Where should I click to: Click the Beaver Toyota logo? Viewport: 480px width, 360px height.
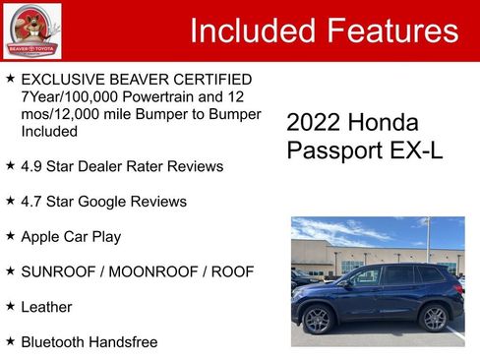click(31, 30)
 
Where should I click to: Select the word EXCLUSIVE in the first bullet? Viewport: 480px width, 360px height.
click(61, 79)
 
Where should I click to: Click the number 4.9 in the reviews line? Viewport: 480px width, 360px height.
click(32, 166)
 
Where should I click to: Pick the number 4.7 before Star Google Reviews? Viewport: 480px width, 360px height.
click(32, 202)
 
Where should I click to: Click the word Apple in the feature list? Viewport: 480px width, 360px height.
click(41, 237)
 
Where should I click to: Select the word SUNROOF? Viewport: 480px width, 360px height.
click(59, 271)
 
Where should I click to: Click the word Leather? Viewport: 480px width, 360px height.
click(46, 307)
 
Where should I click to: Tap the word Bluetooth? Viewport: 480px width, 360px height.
click(53, 342)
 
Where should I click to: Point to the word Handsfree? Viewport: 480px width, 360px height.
click(122, 342)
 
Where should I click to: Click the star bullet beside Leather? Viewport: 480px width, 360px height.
click(10, 306)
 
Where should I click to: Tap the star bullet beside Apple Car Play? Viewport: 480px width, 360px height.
click(10, 236)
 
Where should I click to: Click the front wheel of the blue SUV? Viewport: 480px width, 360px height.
click(318, 320)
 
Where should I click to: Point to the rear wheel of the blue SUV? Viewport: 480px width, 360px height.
click(434, 318)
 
